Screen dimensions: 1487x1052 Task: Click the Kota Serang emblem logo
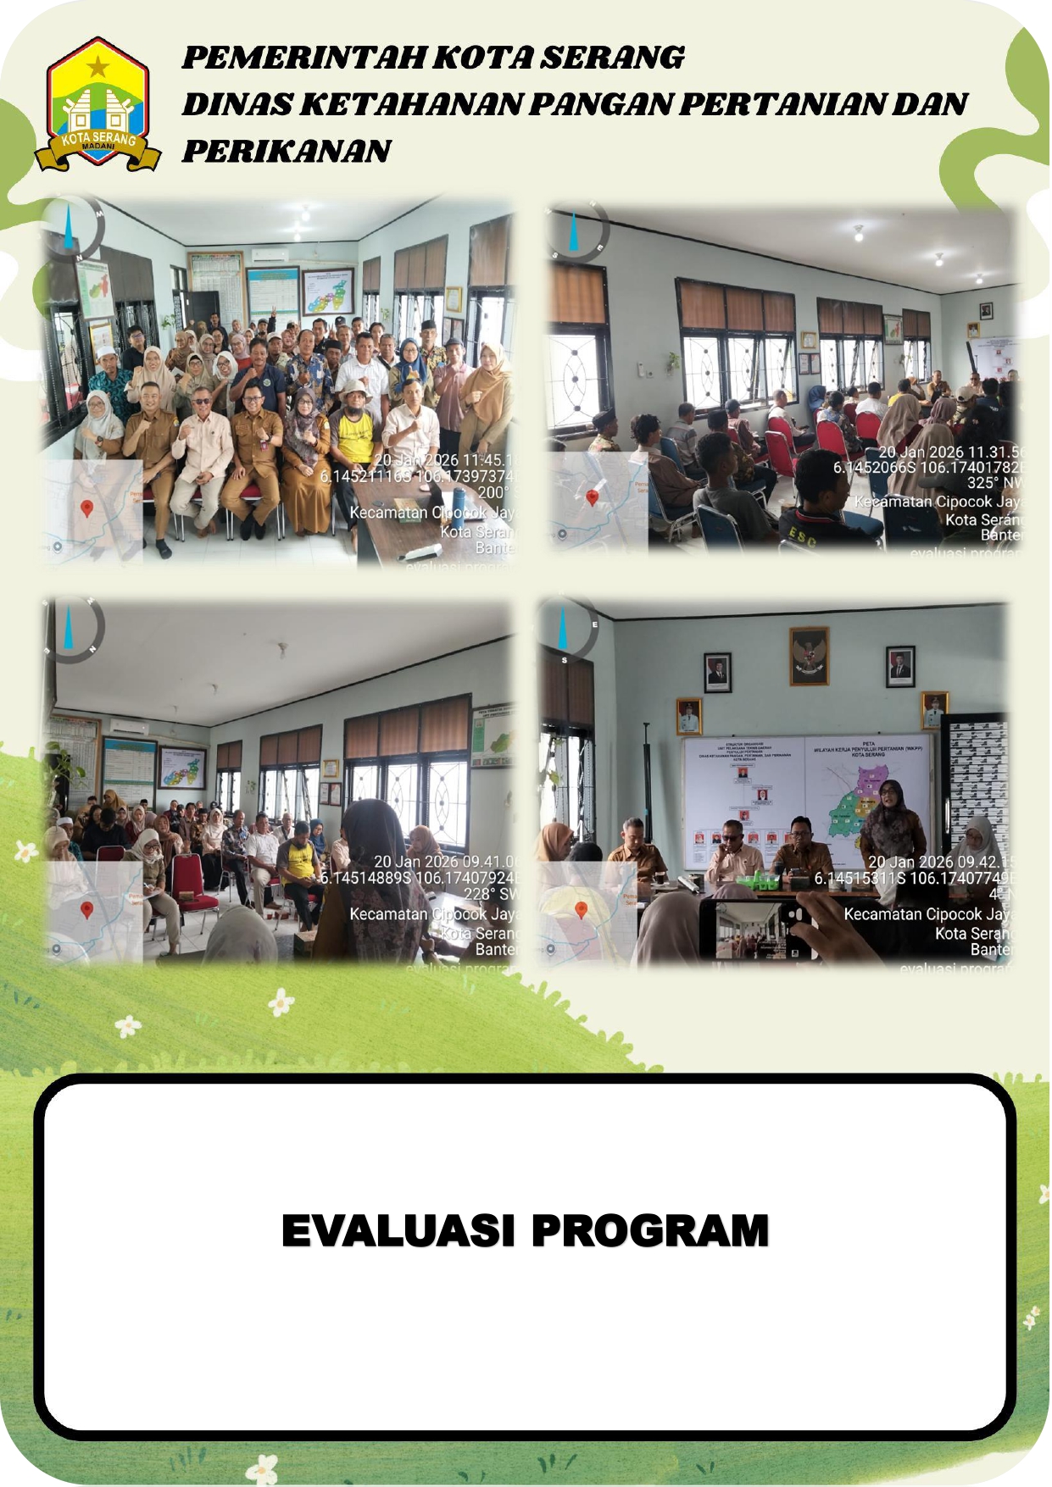(98, 103)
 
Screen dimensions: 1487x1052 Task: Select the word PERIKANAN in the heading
(286, 151)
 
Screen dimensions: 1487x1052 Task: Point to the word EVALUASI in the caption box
(398, 1230)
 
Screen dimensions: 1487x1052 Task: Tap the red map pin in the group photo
(86, 508)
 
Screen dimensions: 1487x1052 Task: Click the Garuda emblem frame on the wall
(808, 655)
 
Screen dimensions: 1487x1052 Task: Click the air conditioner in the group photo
(270, 253)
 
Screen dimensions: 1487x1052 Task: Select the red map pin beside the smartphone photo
(581, 910)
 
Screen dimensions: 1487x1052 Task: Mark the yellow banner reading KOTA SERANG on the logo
(98, 139)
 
